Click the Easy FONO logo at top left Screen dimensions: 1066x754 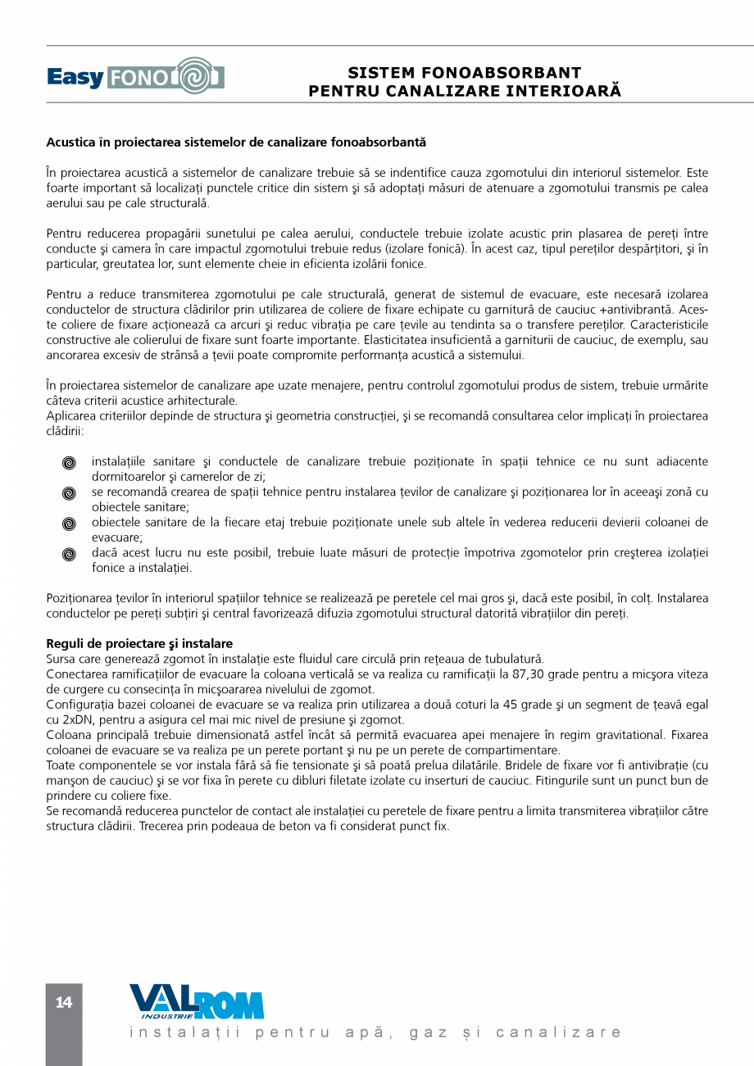click(x=135, y=77)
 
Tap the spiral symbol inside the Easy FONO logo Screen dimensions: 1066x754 click(x=194, y=76)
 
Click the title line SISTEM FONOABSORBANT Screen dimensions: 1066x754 click(x=465, y=73)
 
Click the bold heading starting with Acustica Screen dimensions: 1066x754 click(x=236, y=143)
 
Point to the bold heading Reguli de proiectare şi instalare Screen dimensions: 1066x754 click(x=139, y=644)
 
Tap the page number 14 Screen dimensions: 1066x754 click(x=64, y=1002)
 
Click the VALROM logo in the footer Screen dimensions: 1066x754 click(x=197, y=1002)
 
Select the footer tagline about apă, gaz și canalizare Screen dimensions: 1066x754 click(x=375, y=1032)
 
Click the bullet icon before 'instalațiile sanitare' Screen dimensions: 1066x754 click(x=70, y=463)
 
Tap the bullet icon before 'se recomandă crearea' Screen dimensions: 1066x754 click(x=70, y=493)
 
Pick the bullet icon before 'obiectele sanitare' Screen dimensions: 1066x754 click(x=70, y=524)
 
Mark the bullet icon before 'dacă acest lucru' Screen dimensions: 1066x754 click(x=70, y=554)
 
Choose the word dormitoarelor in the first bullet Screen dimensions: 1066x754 click(x=127, y=476)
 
